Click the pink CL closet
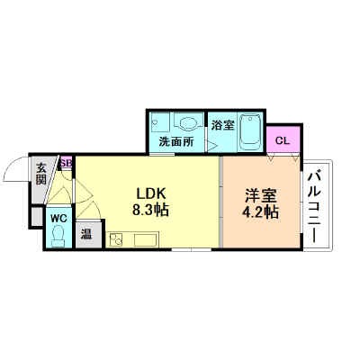[x=283, y=140]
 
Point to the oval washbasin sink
[x=189, y=123]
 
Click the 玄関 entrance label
[x=40, y=172]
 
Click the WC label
[x=58, y=218]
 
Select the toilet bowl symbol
[x=58, y=236]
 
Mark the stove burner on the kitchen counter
[x=115, y=239]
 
